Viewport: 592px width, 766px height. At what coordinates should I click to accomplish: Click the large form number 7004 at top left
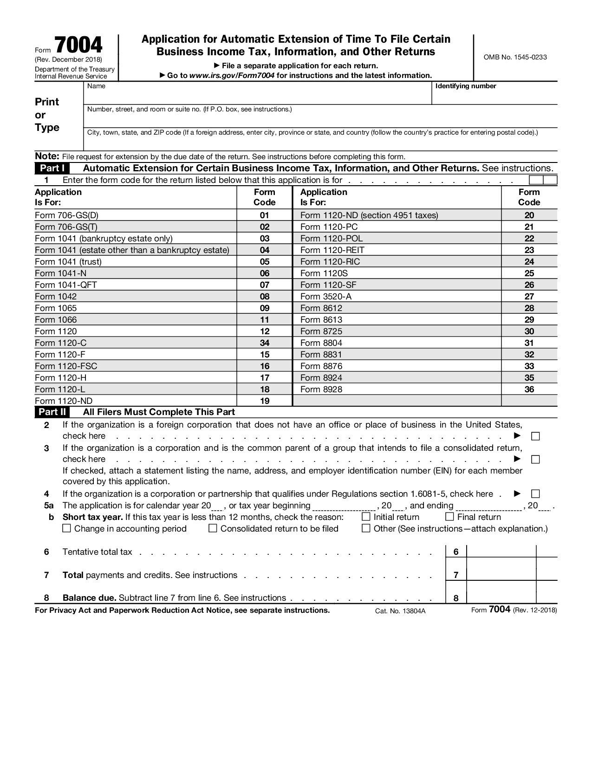pyautogui.click(x=78, y=45)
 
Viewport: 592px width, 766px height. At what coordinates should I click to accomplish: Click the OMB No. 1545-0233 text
pyautogui.click(x=515, y=57)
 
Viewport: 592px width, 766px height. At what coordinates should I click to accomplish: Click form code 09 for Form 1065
pyautogui.click(x=264, y=308)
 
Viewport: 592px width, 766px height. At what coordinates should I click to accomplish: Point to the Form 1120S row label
pyautogui.click(x=324, y=273)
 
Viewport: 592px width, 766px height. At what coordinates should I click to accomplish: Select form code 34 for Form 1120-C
pyautogui.click(x=264, y=343)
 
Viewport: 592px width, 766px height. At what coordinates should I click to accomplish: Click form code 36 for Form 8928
pyautogui.click(x=529, y=389)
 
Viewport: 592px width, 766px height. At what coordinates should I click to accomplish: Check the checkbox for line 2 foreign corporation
pyautogui.click(x=535, y=436)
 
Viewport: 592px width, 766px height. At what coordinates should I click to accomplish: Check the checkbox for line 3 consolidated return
pyautogui.click(x=535, y=460)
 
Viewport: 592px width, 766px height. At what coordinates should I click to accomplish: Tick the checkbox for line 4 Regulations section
pyautogui.click(x=535, y=494)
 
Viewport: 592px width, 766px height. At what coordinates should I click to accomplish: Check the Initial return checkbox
pyautogui.click(x=366, y=517)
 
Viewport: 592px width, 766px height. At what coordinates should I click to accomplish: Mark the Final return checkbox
pyautogui.click(x=449, y=517)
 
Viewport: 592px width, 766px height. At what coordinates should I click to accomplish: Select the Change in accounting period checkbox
pyautogui.click(x=66, y=528)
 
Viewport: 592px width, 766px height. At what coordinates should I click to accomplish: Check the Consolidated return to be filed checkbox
pyautogui.click(x=213, y=528)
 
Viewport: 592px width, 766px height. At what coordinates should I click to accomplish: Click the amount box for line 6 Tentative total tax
pyautogui.click(x=501, y=552)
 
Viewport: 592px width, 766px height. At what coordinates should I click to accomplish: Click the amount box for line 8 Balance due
pyautogui.click(x=501, y=598)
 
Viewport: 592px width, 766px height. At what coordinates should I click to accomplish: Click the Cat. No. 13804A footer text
pyautogui.click(x=400, y=611)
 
